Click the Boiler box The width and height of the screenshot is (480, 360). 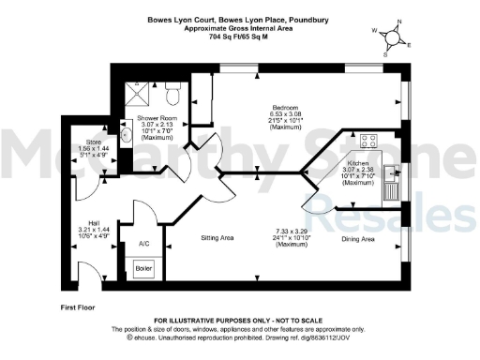[x=143, y=267]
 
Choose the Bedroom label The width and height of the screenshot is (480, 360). [x=285, y=108]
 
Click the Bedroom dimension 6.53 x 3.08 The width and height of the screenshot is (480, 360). [x=285, y=114]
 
